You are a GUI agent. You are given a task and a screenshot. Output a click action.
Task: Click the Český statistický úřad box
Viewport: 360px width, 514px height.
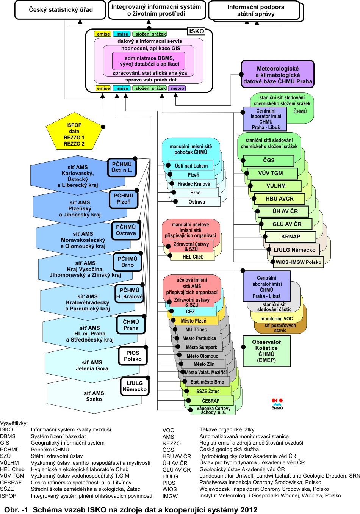(61, 10)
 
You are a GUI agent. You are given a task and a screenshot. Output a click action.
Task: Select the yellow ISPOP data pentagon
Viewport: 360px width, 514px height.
(74, 135)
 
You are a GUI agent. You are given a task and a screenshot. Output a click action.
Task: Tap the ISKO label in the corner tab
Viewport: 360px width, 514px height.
(196, 31)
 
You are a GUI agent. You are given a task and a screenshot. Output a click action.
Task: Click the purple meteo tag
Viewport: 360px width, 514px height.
(177, 88)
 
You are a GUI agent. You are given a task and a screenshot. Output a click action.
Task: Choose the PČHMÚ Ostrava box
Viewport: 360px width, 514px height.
(126, 230)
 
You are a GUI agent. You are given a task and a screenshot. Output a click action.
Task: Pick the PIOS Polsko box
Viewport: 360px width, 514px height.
(133, 356)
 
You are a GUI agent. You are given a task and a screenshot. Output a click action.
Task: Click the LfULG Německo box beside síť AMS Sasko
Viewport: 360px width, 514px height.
(135, 386)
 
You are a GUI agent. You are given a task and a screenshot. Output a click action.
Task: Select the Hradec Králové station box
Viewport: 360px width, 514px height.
(194, 184)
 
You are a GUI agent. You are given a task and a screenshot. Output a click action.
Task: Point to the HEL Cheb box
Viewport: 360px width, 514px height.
(193, 257)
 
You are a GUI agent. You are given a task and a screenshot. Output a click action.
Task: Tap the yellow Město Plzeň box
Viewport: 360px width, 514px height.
(193, 321)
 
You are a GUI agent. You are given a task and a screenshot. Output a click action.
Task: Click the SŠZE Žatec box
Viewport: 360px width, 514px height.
(208, 391)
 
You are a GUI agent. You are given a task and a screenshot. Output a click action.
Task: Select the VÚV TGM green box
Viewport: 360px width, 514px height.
(271, 173)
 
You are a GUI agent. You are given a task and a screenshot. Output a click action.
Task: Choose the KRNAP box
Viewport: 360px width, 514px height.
(291, 237)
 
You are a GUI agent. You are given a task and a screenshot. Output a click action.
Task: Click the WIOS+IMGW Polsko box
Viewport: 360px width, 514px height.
(298, 262)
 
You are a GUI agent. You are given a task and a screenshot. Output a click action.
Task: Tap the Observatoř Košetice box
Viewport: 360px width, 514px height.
(266, 351)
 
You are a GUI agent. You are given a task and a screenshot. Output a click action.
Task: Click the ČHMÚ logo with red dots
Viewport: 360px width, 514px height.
(277, 404)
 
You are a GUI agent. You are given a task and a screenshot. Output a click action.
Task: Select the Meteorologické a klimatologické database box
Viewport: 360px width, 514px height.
(278, 75)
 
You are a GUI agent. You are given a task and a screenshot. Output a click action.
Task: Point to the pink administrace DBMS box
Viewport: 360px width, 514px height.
(149, 61)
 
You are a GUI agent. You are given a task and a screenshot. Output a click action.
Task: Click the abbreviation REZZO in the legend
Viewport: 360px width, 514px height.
(171, 443)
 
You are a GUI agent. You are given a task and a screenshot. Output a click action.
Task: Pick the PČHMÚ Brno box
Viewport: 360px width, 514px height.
(128, 262)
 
